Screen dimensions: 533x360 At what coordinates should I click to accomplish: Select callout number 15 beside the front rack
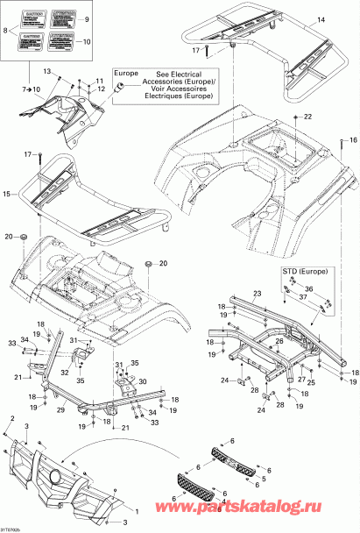coord(9,193)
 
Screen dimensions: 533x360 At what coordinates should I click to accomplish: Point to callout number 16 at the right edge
coord(353,139)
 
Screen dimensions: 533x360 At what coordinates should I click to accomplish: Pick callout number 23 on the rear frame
coord(258,293)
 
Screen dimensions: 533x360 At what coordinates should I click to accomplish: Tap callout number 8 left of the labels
coord(8,30)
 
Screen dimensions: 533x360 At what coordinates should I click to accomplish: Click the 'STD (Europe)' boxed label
coord(300,272)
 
